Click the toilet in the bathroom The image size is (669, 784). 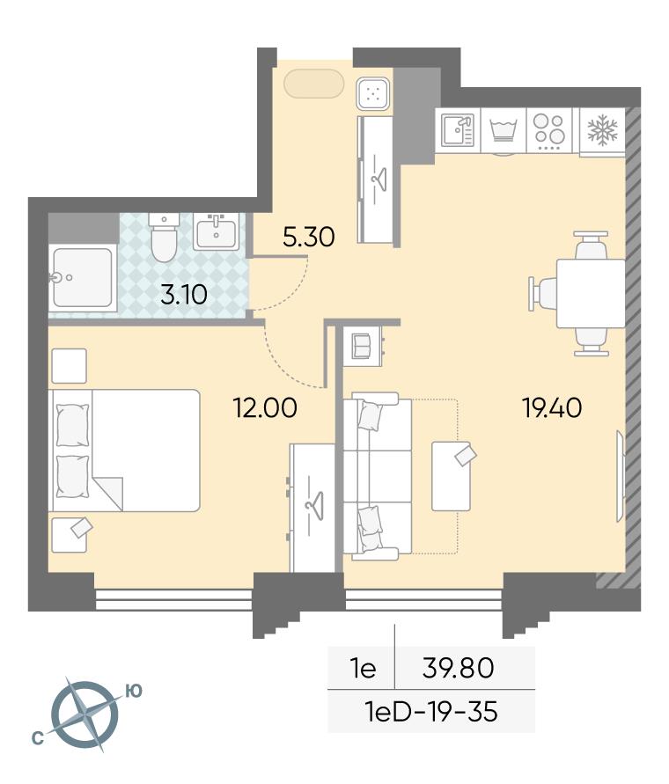(164, 237)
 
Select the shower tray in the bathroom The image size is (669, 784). (83, 277)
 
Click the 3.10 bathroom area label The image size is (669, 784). (184, 295)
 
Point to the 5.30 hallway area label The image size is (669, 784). (308, 237)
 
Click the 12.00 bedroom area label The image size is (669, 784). (265, 407)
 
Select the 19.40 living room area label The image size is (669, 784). (552, 407)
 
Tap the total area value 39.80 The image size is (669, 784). (458, 668)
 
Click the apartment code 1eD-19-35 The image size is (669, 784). (432, 711)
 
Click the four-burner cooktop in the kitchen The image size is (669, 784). (549, 131)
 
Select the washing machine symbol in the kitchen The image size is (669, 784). (504, 130)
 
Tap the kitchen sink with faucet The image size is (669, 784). (458, 130)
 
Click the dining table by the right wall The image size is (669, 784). (591, 292)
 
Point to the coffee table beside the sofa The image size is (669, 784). (451, 476)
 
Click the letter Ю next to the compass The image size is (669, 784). (133, 691)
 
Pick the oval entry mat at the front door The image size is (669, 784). (313, 84)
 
